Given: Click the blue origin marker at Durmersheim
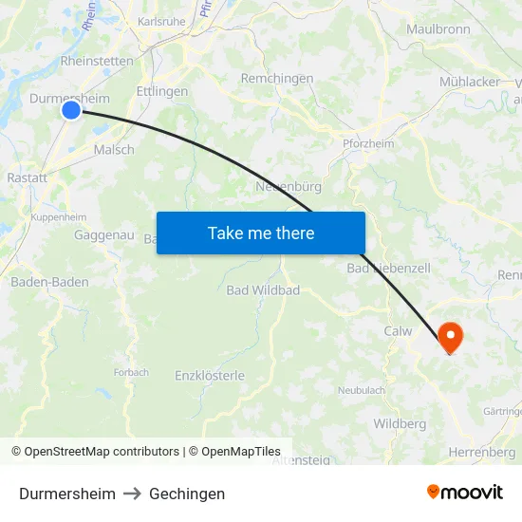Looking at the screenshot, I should click(x=71, y=110).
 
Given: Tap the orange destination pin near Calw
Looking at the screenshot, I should click(x=448, y=338).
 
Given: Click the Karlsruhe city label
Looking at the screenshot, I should click(x=162, y=21).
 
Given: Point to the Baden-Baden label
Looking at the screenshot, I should click(x=49, y=282).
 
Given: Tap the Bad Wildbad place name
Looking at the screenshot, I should click(x=263, y=289).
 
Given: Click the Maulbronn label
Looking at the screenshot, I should click(x=438, y=29).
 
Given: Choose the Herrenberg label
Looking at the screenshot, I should click(x=482, y=452).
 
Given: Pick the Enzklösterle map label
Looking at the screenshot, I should click(x=210, y=376).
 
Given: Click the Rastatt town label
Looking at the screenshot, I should click(x=27, y=177).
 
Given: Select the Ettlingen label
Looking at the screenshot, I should click(x=162, y=92).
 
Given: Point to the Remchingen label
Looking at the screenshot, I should click(x=277, y=79).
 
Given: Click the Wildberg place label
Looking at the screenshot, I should click(x=400, y=423).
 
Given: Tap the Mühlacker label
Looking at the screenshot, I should click(x=470, y=82).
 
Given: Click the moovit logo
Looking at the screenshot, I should click(x=465, y=493).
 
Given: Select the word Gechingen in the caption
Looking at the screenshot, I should click(x=187, y=494).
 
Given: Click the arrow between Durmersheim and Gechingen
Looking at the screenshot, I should click(x=132, y=494).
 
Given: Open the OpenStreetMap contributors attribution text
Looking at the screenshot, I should click(x=102, y=452).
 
